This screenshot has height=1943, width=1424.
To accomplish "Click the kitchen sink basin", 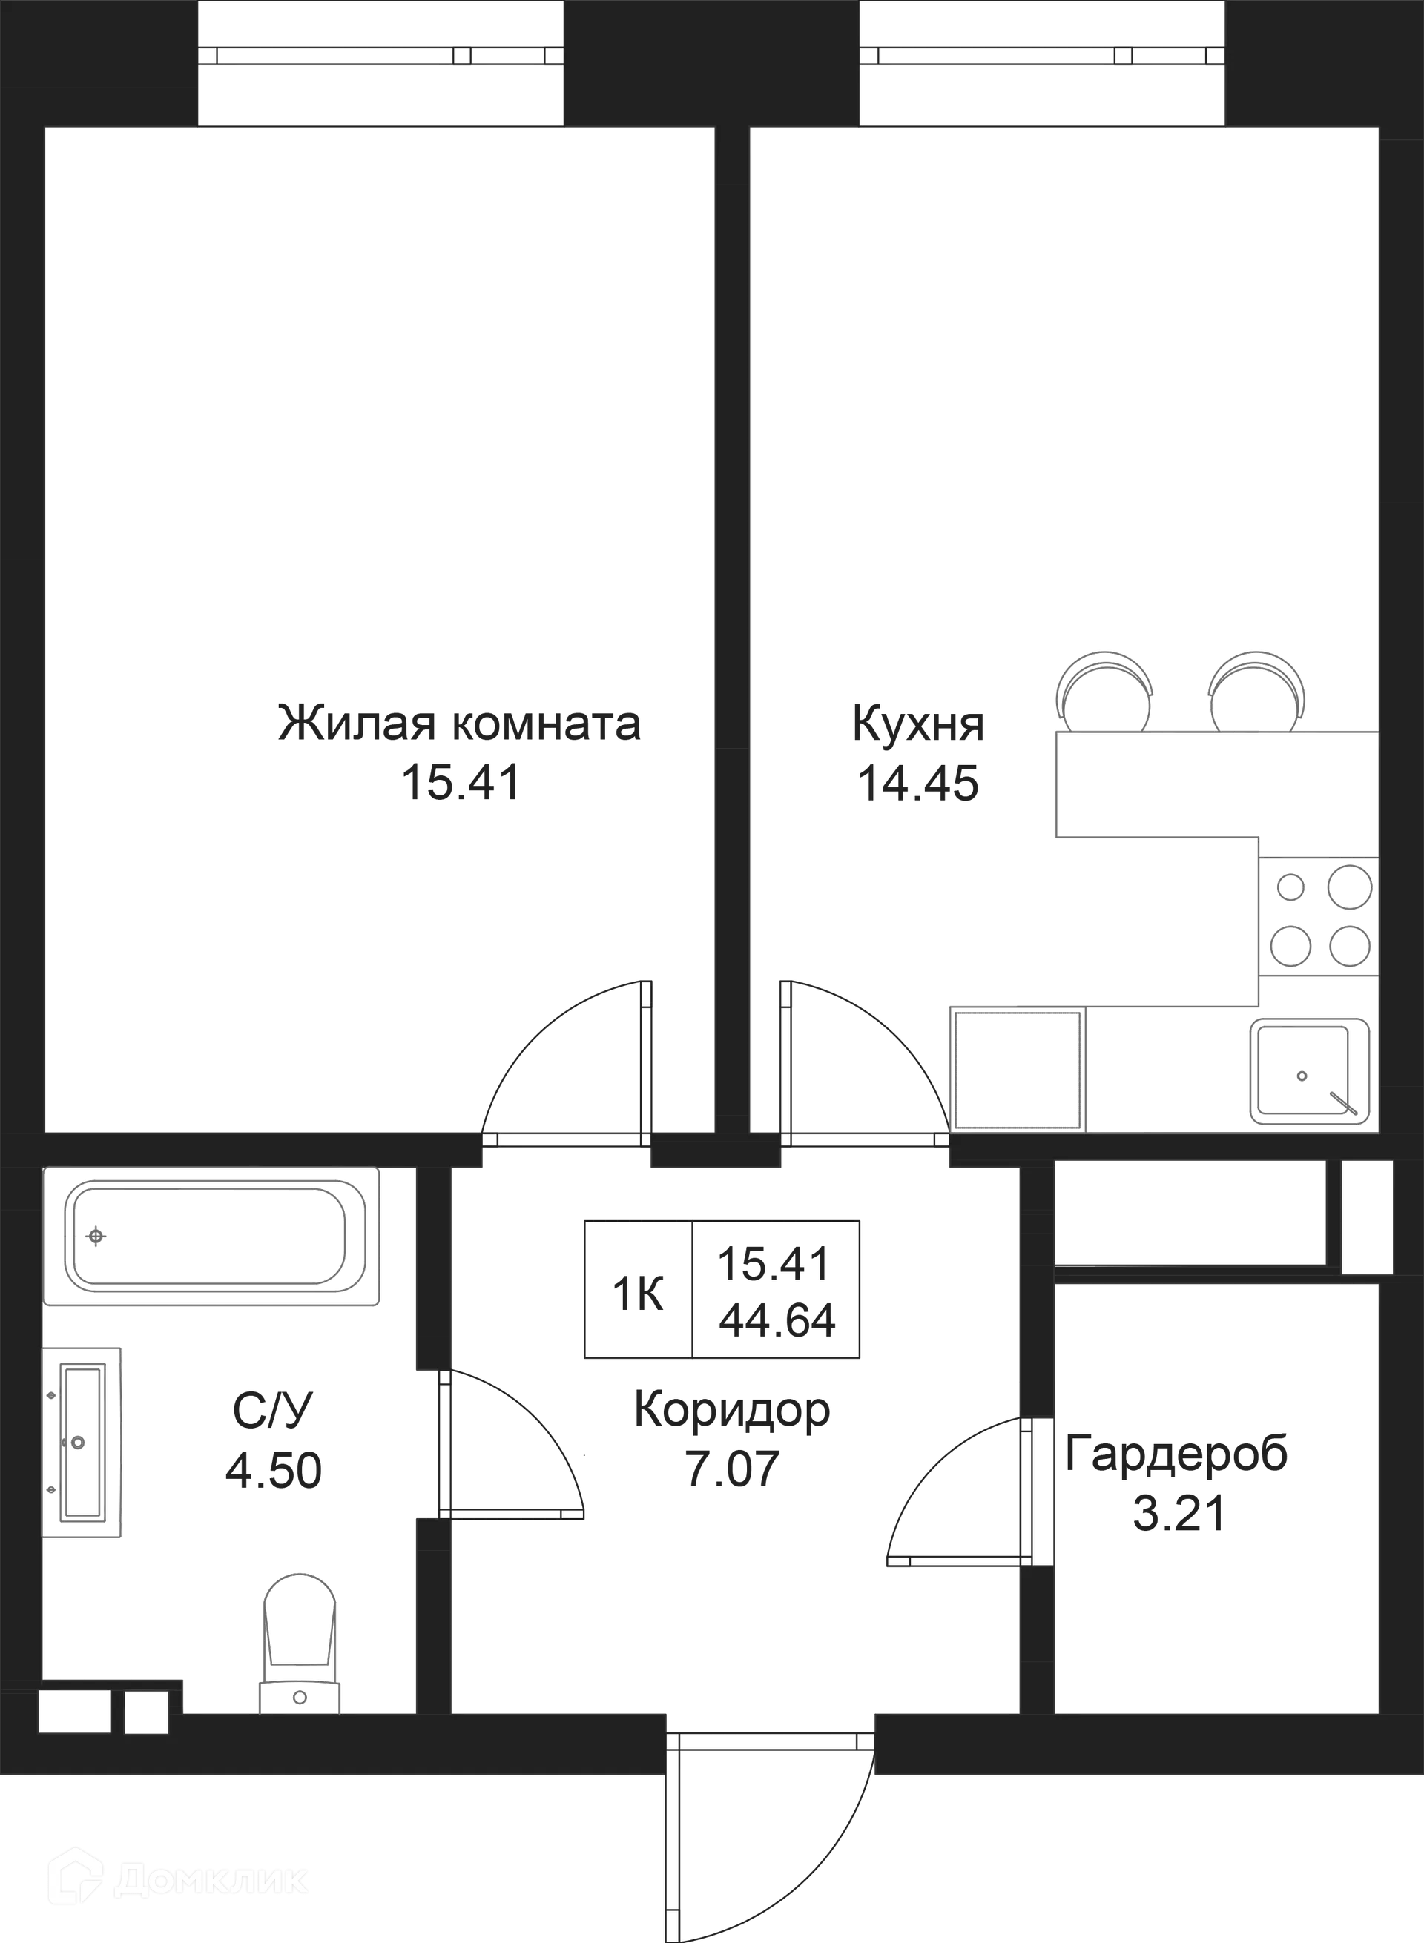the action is (x=1309, y=1071).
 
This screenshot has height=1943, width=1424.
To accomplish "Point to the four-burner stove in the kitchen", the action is (x=1319, y=916).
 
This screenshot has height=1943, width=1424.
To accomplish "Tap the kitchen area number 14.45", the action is (x=917, y=784).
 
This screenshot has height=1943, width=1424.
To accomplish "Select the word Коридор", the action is (x=732, y=1411).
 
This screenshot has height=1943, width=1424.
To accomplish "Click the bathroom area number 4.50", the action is (x=273, y=1470).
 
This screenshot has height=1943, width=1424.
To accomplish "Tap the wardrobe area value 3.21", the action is (x=1179, y=1514).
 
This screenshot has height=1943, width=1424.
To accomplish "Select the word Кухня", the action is (x=918, y=724).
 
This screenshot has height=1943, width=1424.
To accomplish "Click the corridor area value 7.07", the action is (x=732, y=1469).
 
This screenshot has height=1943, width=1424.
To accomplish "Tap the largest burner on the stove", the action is (x=1349, y=887).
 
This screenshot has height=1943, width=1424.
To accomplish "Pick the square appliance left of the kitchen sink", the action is (x=1017, y=1069).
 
